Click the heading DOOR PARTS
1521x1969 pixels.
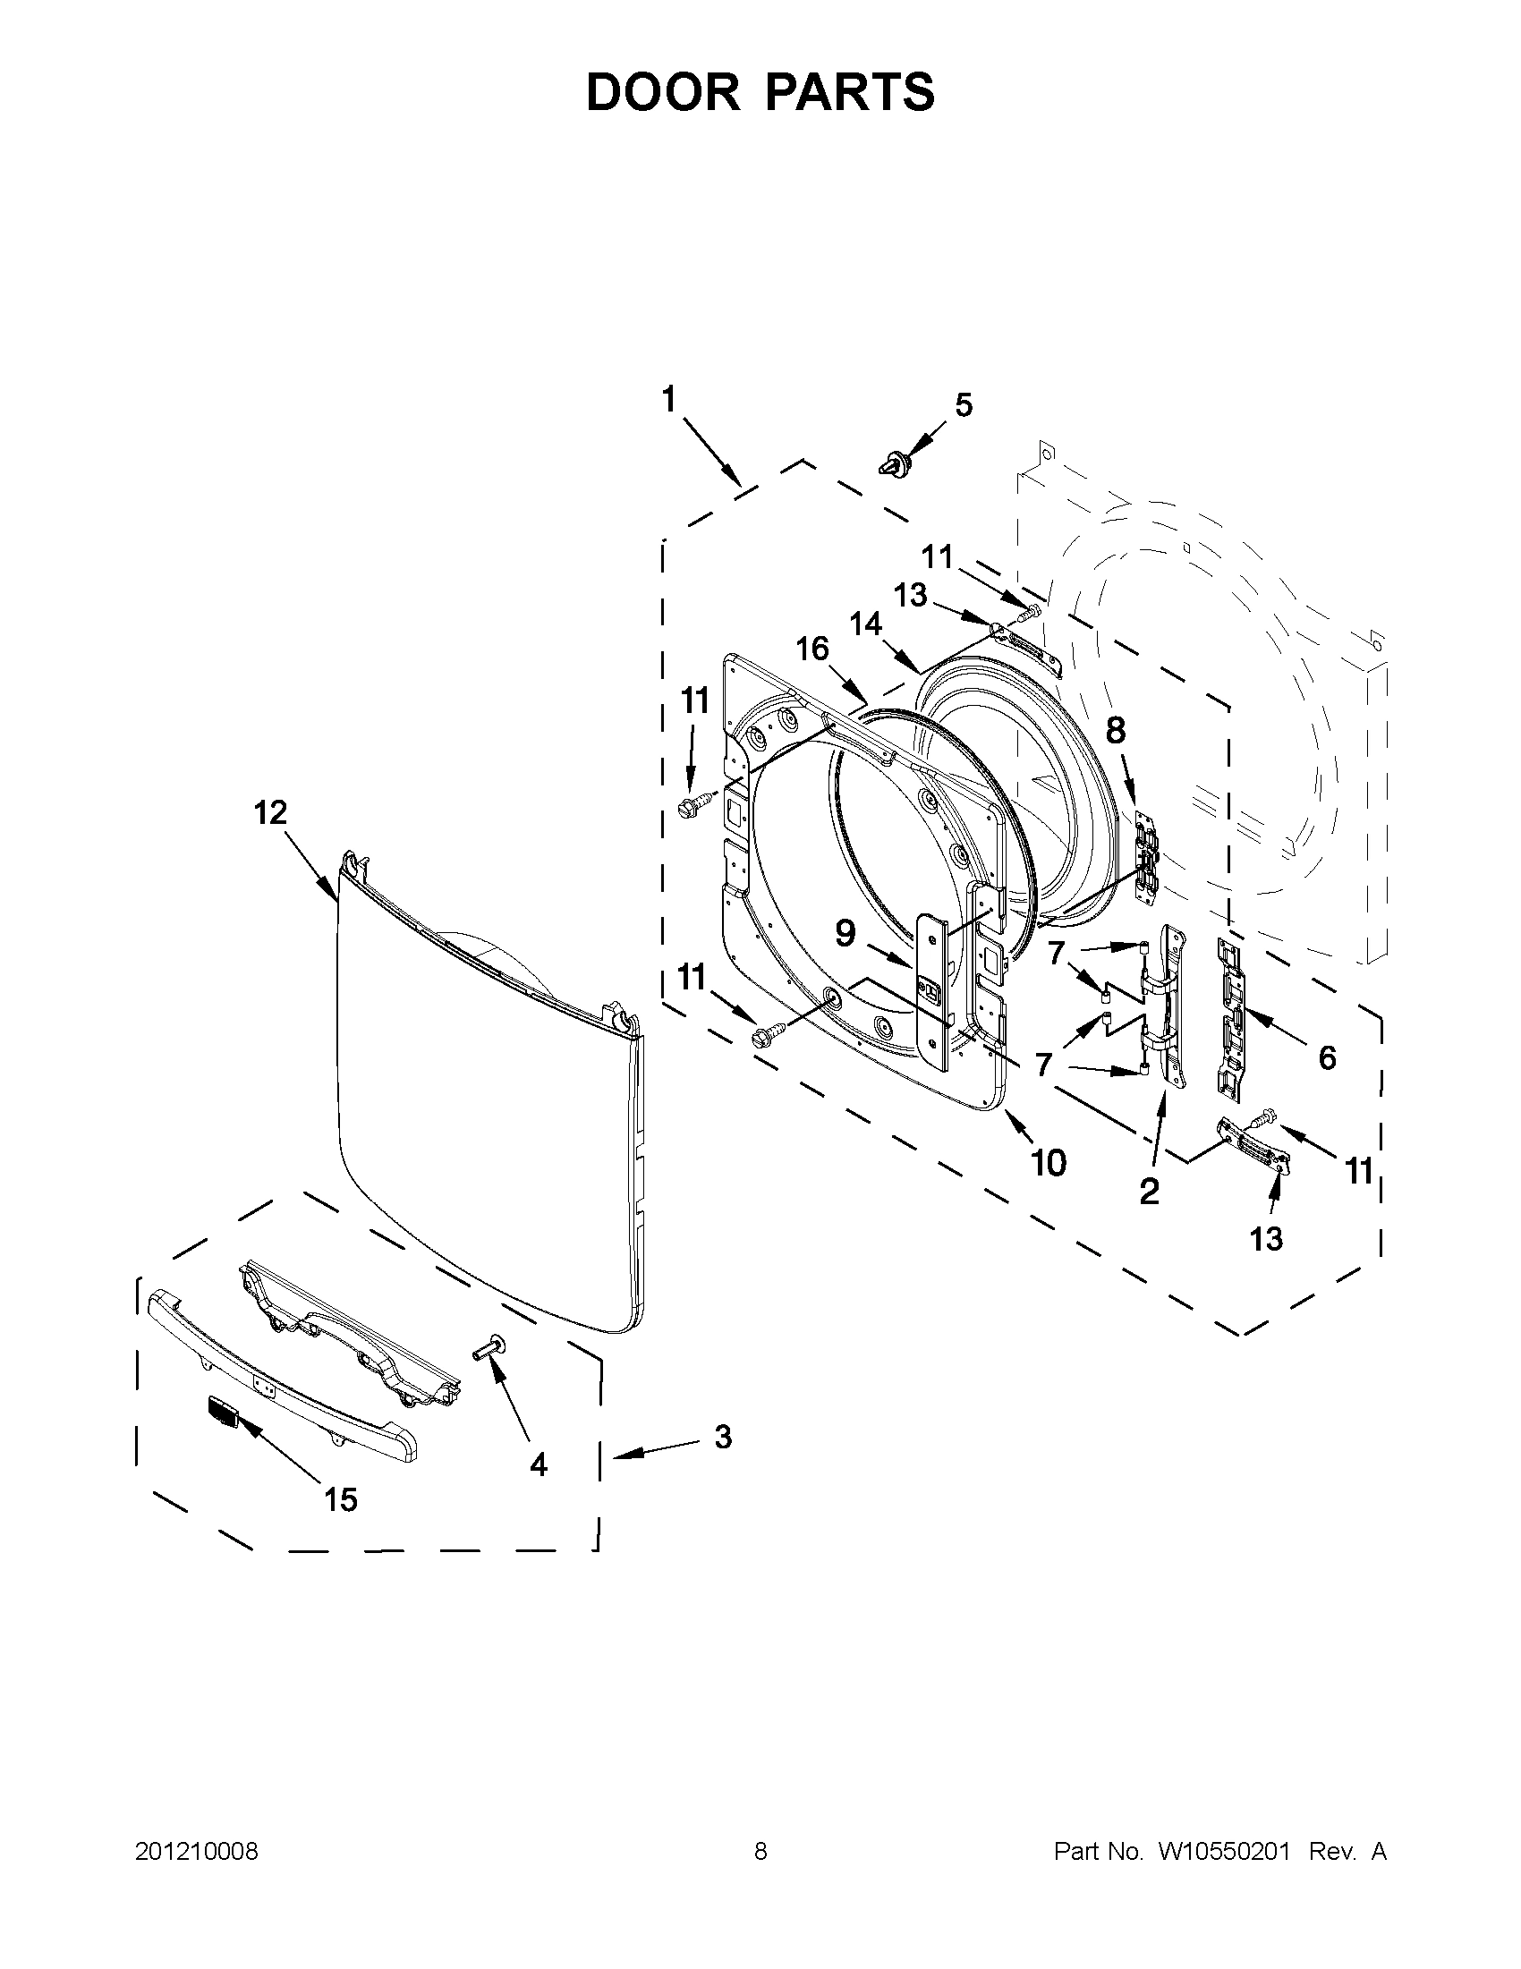(x=760, y=93)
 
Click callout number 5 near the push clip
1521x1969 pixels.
(x=964, y=406)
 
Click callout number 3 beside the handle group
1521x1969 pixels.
(x=723, y=1436)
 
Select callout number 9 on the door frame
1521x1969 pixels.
(x=845, y=934)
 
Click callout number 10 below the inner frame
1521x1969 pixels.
(x=1049, y=1163)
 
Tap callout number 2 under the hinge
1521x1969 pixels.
(x=1149, y=1192)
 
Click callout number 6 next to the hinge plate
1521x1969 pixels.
(x=1327, y=1057)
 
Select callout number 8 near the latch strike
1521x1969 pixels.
(x=1116, y=730)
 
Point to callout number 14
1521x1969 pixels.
(x=865, y=624)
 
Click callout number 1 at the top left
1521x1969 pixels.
(x=668, y=399)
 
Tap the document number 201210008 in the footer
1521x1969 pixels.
(x=197, y=1852)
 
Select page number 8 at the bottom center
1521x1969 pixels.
(x=760, y=1852)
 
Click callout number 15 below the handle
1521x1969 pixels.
(x=341, y=1499)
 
